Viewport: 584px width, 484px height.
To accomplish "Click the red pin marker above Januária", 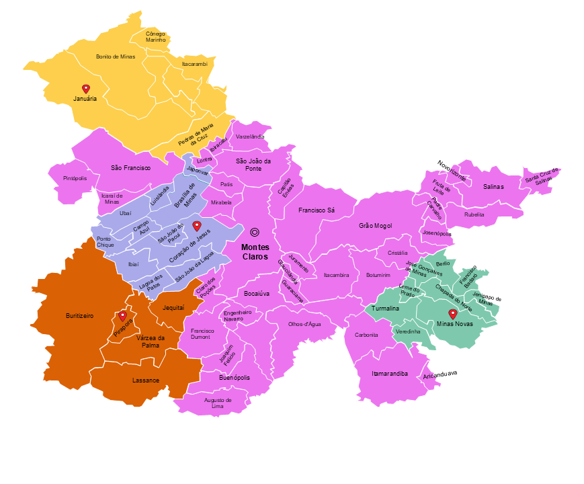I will (x=86, y=89).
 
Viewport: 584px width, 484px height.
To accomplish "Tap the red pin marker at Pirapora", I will (x=122, y=315).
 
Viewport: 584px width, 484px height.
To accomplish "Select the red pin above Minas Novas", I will (x=453, y=313).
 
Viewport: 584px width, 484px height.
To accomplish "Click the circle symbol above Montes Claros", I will (x=255, y=232).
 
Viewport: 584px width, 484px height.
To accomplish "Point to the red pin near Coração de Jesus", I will (x=196, y=225).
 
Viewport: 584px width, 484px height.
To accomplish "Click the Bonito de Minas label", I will (x=116, y=57).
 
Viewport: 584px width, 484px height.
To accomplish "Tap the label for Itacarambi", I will (x=195, y=64).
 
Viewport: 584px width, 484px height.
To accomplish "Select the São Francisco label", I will (x=130, y=167).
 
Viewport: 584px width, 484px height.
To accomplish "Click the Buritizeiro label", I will (x=79, y=315).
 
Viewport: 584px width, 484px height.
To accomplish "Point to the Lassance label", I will (x=146, y=380).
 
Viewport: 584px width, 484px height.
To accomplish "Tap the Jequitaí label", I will (x=173, y=307).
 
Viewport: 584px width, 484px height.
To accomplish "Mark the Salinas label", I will (x=493, y=186).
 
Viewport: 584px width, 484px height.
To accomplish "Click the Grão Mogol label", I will (x=375, y=226).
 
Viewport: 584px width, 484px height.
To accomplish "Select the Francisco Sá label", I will (x=317, y=210).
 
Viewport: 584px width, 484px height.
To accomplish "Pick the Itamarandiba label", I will (x=390, y=373).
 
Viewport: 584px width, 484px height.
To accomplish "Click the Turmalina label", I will (x=386, y=308).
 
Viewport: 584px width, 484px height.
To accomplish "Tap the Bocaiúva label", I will (x=257, y=294).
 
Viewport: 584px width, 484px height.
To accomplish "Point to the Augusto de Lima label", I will (x=218, y=403).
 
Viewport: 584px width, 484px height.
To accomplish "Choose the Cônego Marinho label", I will (x=155, y=36).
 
